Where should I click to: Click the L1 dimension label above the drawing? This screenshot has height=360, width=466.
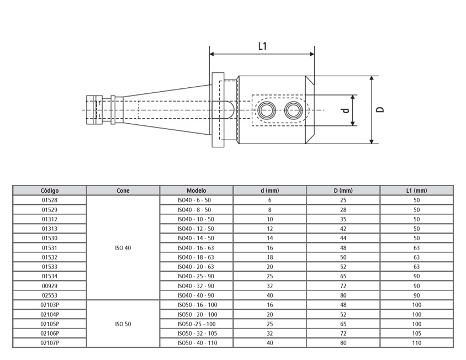point(262,46)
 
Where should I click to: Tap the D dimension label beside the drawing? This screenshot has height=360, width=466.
point(380,109)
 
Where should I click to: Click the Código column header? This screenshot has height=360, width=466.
point(50,190)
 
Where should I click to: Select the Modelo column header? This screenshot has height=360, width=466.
point(196,190)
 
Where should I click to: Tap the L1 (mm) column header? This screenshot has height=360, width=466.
point(416,190)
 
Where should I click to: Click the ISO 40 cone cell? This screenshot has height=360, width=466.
point(123,248)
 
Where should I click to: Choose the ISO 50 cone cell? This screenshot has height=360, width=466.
point(123,324)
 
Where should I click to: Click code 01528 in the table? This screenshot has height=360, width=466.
point(50,200)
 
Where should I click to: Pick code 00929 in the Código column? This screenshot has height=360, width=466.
point(50,286)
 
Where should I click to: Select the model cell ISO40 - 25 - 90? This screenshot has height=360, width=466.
point(196,277)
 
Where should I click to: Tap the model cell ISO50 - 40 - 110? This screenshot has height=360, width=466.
point(196,343)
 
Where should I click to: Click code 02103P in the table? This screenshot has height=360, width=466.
point(50,305)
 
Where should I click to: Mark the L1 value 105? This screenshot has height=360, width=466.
point(416,333)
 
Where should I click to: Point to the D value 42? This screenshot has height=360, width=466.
point(343,229)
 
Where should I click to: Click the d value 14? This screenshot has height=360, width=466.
point(270,239)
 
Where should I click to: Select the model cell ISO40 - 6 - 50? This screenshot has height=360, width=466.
point(196,200)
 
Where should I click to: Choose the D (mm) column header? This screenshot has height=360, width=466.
point(343,190)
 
